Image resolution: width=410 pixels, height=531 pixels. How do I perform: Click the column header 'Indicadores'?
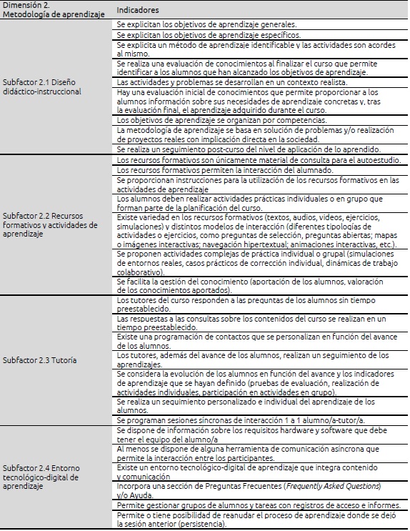pyautogui.click(x=138, y=10)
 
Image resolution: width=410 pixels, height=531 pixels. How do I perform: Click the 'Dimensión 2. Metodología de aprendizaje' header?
pyautogui.click(x=46, y=9)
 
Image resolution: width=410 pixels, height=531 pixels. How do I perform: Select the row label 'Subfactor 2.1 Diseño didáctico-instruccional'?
pyautogui.click(x=41, y=86)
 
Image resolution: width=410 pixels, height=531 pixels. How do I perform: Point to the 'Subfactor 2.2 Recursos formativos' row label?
pyautogui.click(x=50, y=224)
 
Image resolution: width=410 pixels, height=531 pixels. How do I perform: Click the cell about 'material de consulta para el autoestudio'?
pyautogui.click(x=257, y=159)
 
